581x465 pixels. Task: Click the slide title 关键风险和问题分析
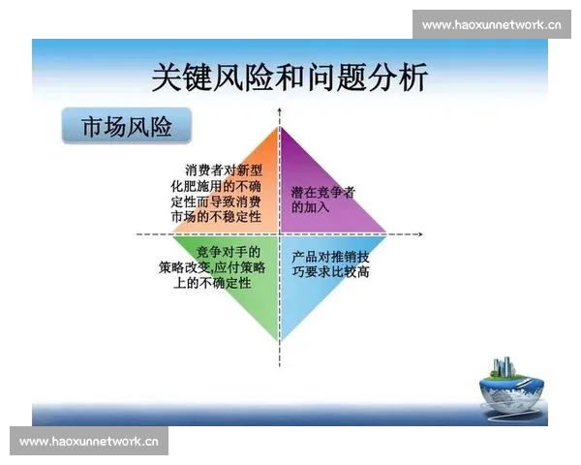[290, 77]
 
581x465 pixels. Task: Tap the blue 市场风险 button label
[127, 127]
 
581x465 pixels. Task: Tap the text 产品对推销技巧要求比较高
[330, 263]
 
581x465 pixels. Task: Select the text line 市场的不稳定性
[216, 217]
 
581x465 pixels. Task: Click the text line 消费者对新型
[224, 170]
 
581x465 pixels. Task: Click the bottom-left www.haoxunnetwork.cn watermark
[88, 442]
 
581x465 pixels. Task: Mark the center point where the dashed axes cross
[280, 234]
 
